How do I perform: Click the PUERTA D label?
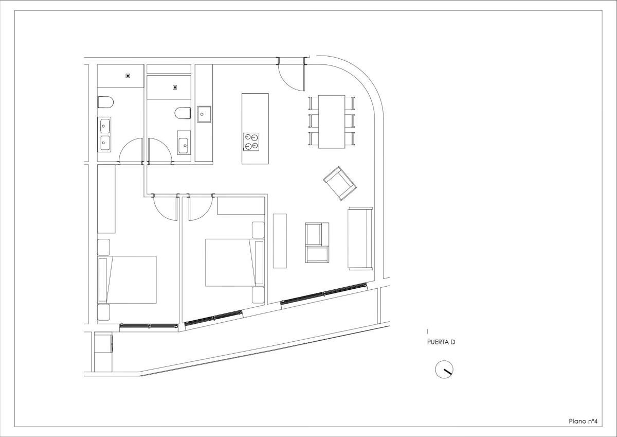tap(441, 342)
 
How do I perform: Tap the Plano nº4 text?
tap(583, 421)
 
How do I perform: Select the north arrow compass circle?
tap(444, 370)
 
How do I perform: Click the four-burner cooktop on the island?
tap(251, 142)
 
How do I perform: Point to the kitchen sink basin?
tap(204, 114)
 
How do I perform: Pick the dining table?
tap(332, 121)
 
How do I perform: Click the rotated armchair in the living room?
tap(340, 183)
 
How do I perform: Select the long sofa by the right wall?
tap(360, 238)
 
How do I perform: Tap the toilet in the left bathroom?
tap(105, 102)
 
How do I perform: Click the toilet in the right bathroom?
tap(183, 113)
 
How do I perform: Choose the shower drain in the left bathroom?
tap(128, 76)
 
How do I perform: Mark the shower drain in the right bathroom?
tap(175, 88)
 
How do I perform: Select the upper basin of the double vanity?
tap(105, 126)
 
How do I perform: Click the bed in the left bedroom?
tap(127, 279)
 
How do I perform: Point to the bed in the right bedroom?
tap(235, 263)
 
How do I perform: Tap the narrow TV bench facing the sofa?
tap(280, 241)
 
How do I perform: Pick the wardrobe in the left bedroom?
tap(106, 199)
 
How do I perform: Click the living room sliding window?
tap(324, 293)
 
